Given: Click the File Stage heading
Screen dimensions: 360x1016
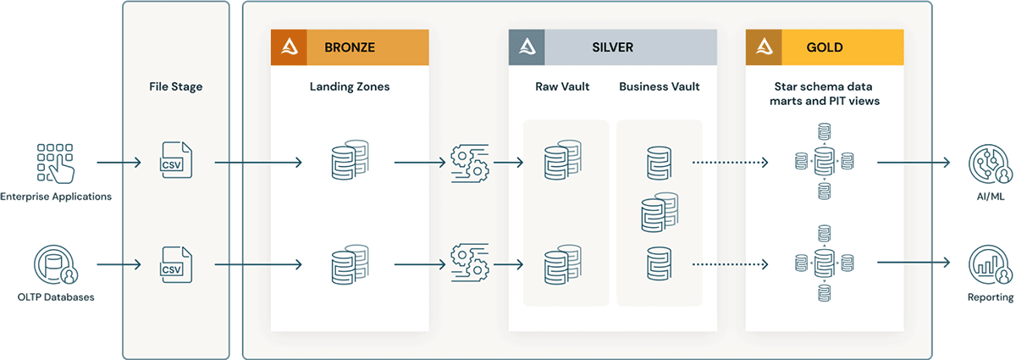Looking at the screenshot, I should click(x=176, y=86).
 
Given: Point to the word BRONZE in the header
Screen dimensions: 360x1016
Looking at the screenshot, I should click(x=350, y=47).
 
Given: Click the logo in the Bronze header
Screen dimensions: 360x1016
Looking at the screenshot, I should click(x=288, y=47).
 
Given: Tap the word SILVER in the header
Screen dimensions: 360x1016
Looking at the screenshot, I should click(x=612, y=47).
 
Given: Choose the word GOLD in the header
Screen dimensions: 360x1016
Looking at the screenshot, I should click(x=825, y=47).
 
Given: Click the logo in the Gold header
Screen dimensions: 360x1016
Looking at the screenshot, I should click(x=763, y=47).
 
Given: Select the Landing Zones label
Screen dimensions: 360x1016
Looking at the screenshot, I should click(x=350, y=86).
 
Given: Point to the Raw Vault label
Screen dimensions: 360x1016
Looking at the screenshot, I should click(x=562, y=86).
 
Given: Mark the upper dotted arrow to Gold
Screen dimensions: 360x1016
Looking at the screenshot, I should click(x=730, y=161).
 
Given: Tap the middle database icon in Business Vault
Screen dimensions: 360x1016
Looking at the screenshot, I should click(x=660, y=213).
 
